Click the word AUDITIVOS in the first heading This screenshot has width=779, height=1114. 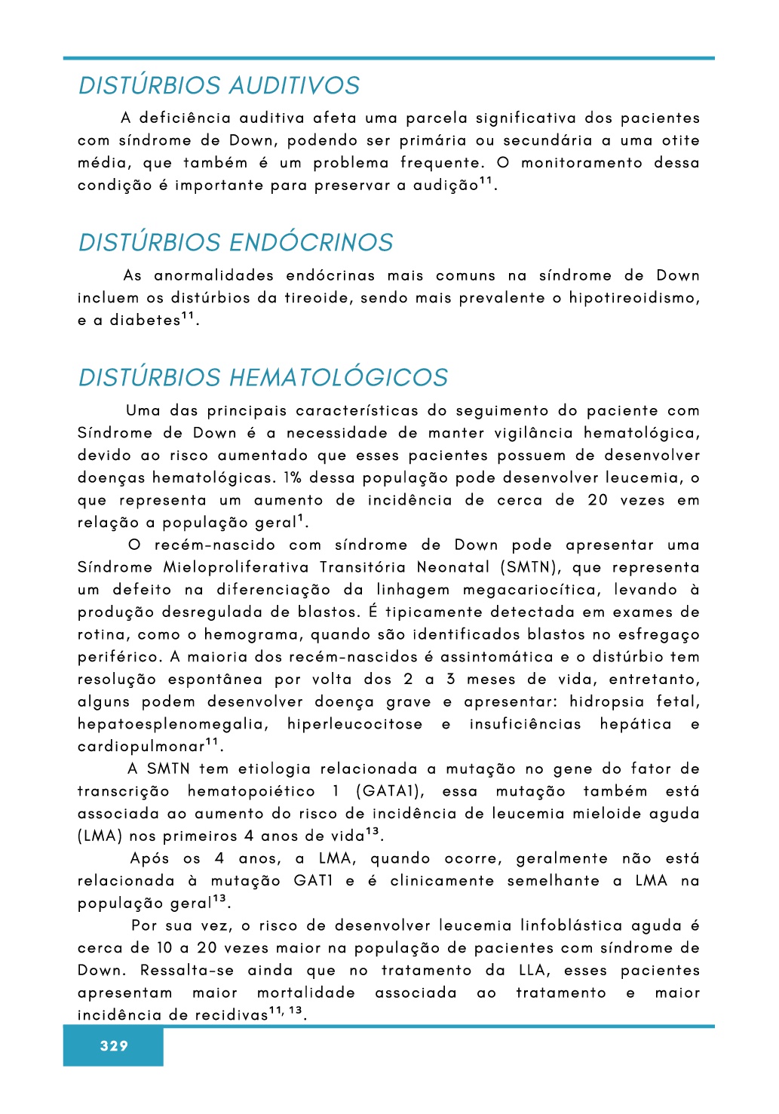tap(294, 85)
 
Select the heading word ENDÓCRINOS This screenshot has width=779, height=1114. tap(311, 243)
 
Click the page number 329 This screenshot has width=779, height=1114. tap(114, 1046)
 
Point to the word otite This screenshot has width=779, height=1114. tap(680, 141)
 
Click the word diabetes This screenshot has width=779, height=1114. tap(145, 321)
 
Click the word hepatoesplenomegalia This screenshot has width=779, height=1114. tap(173, 725)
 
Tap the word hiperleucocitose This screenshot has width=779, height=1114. tap(354, 725)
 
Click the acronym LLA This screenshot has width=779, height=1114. tap(535, 971)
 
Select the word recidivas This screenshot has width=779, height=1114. tap(231, 1016)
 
